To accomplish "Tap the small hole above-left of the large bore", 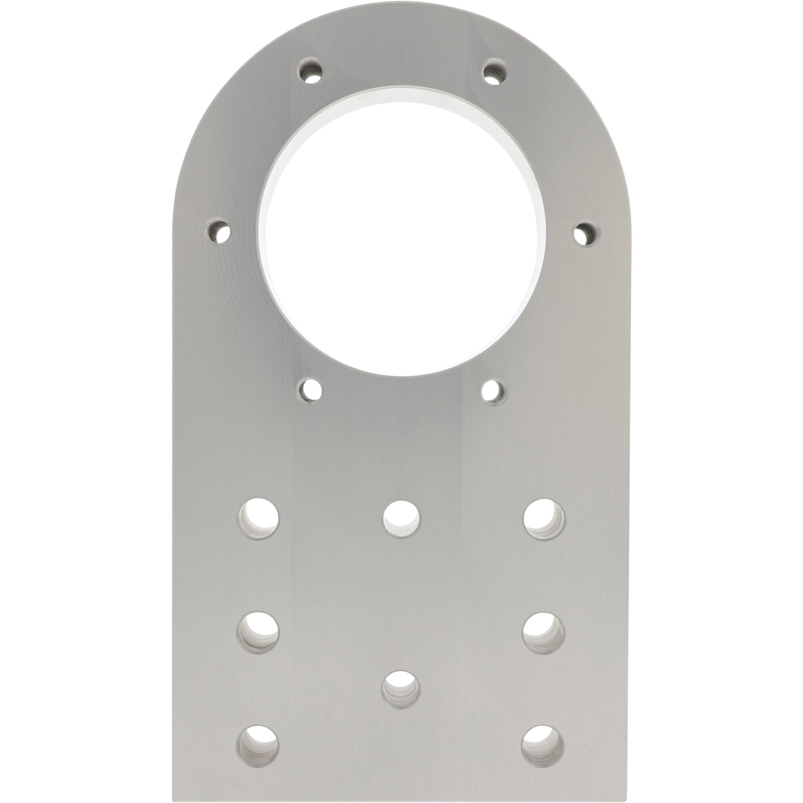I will (x=310, y=72).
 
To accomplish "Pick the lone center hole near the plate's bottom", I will (x=402, y=687).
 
